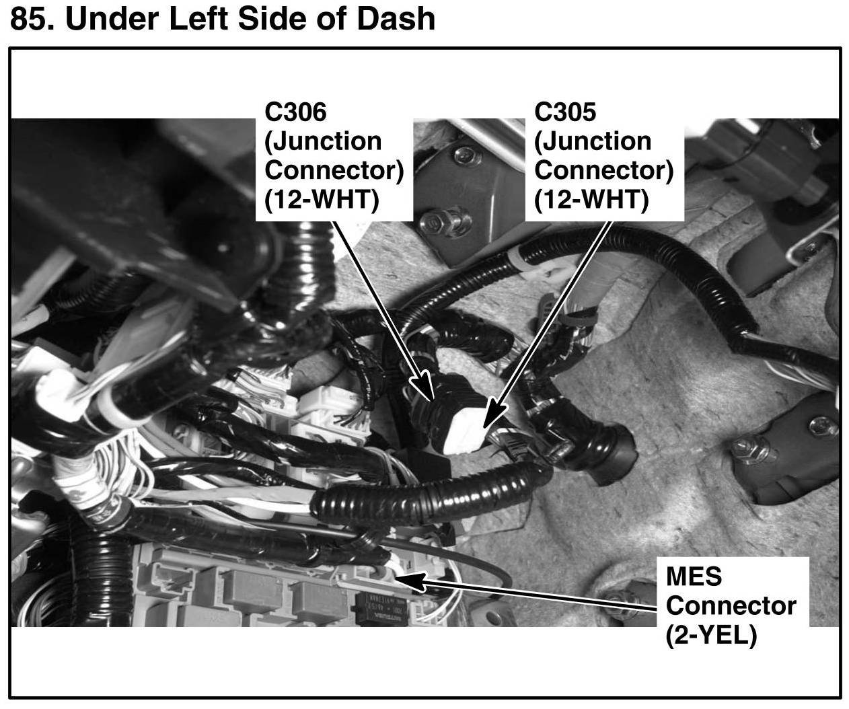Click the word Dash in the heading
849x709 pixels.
tap(397, 19)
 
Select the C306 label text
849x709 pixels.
tap(295, 112)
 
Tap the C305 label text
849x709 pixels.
tap(565, 112)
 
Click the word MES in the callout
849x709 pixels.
tap(694, 576)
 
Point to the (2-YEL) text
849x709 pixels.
tap(712, 634)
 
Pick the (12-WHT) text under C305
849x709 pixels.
tap(591, 200)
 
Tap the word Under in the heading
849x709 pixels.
tap(111, 19)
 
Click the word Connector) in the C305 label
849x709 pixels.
tap(603, 170)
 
